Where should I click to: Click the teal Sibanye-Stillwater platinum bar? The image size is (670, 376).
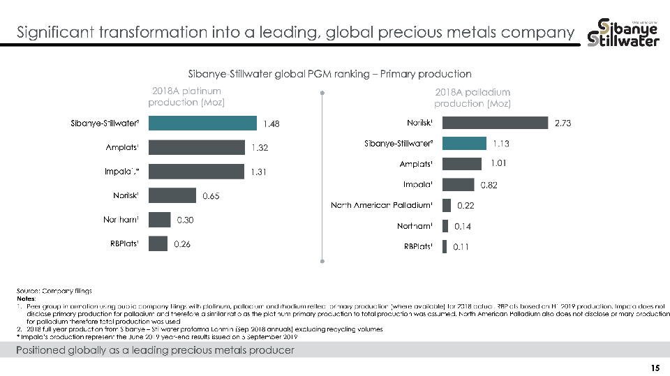point(202,123)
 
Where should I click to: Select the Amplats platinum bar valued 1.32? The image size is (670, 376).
point(196,147)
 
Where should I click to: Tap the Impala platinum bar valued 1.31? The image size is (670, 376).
point(196,172)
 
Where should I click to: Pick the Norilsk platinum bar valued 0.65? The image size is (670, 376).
point(172,195)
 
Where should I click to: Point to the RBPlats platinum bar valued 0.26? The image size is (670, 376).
point(158,243)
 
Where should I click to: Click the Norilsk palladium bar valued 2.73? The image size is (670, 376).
point(495,123)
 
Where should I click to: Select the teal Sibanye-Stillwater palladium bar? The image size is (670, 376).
point(464,143)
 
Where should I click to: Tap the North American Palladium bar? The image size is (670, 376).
point(447,205)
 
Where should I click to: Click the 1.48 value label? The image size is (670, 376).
point(272,124)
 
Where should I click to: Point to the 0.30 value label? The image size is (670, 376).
point(185,220)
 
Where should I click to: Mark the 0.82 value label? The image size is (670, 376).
point(489,185)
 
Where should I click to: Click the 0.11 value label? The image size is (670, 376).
point(460,247)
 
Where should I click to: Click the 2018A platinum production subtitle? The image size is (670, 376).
point(186,96)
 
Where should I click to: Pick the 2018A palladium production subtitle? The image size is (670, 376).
point(472,98)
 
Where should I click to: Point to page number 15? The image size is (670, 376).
point(655,368)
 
